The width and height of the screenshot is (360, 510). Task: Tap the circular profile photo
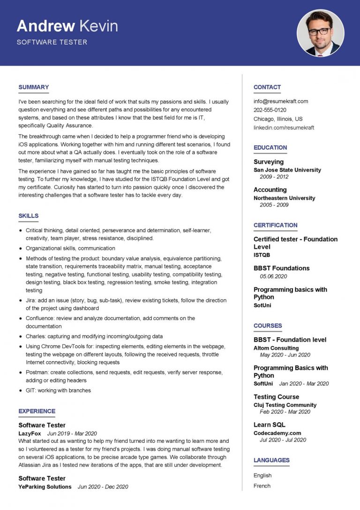tap(320, 33)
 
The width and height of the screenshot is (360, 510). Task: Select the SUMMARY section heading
tap(33, 87)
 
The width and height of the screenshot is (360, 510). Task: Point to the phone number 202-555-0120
tap(270, 110)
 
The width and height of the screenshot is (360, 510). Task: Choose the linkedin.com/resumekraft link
tap(284, 128)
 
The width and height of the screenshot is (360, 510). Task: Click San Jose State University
tap(287, 170)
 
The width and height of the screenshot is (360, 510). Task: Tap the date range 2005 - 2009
tap(274, 205)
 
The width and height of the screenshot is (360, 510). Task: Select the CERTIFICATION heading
tap(275, 225)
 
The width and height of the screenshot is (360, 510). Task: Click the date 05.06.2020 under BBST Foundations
tap(273, 276)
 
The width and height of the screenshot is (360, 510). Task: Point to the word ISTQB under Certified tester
tap(262, 255)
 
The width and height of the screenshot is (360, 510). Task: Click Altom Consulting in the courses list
tap(276, 348)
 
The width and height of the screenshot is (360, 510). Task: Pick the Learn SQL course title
tap(269, 425)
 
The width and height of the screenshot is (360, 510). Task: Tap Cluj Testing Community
tap(285, 405)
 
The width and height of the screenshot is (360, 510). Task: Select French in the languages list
tap(262, 486)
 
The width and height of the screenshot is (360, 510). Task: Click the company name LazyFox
tap(30, 434)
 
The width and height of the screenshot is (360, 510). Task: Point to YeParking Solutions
tap(45, 487)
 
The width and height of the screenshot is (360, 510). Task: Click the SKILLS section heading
tap(29, 216)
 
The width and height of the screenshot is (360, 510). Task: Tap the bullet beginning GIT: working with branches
tap(58, 390)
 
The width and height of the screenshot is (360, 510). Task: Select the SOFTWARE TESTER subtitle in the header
tap(52, 42)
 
